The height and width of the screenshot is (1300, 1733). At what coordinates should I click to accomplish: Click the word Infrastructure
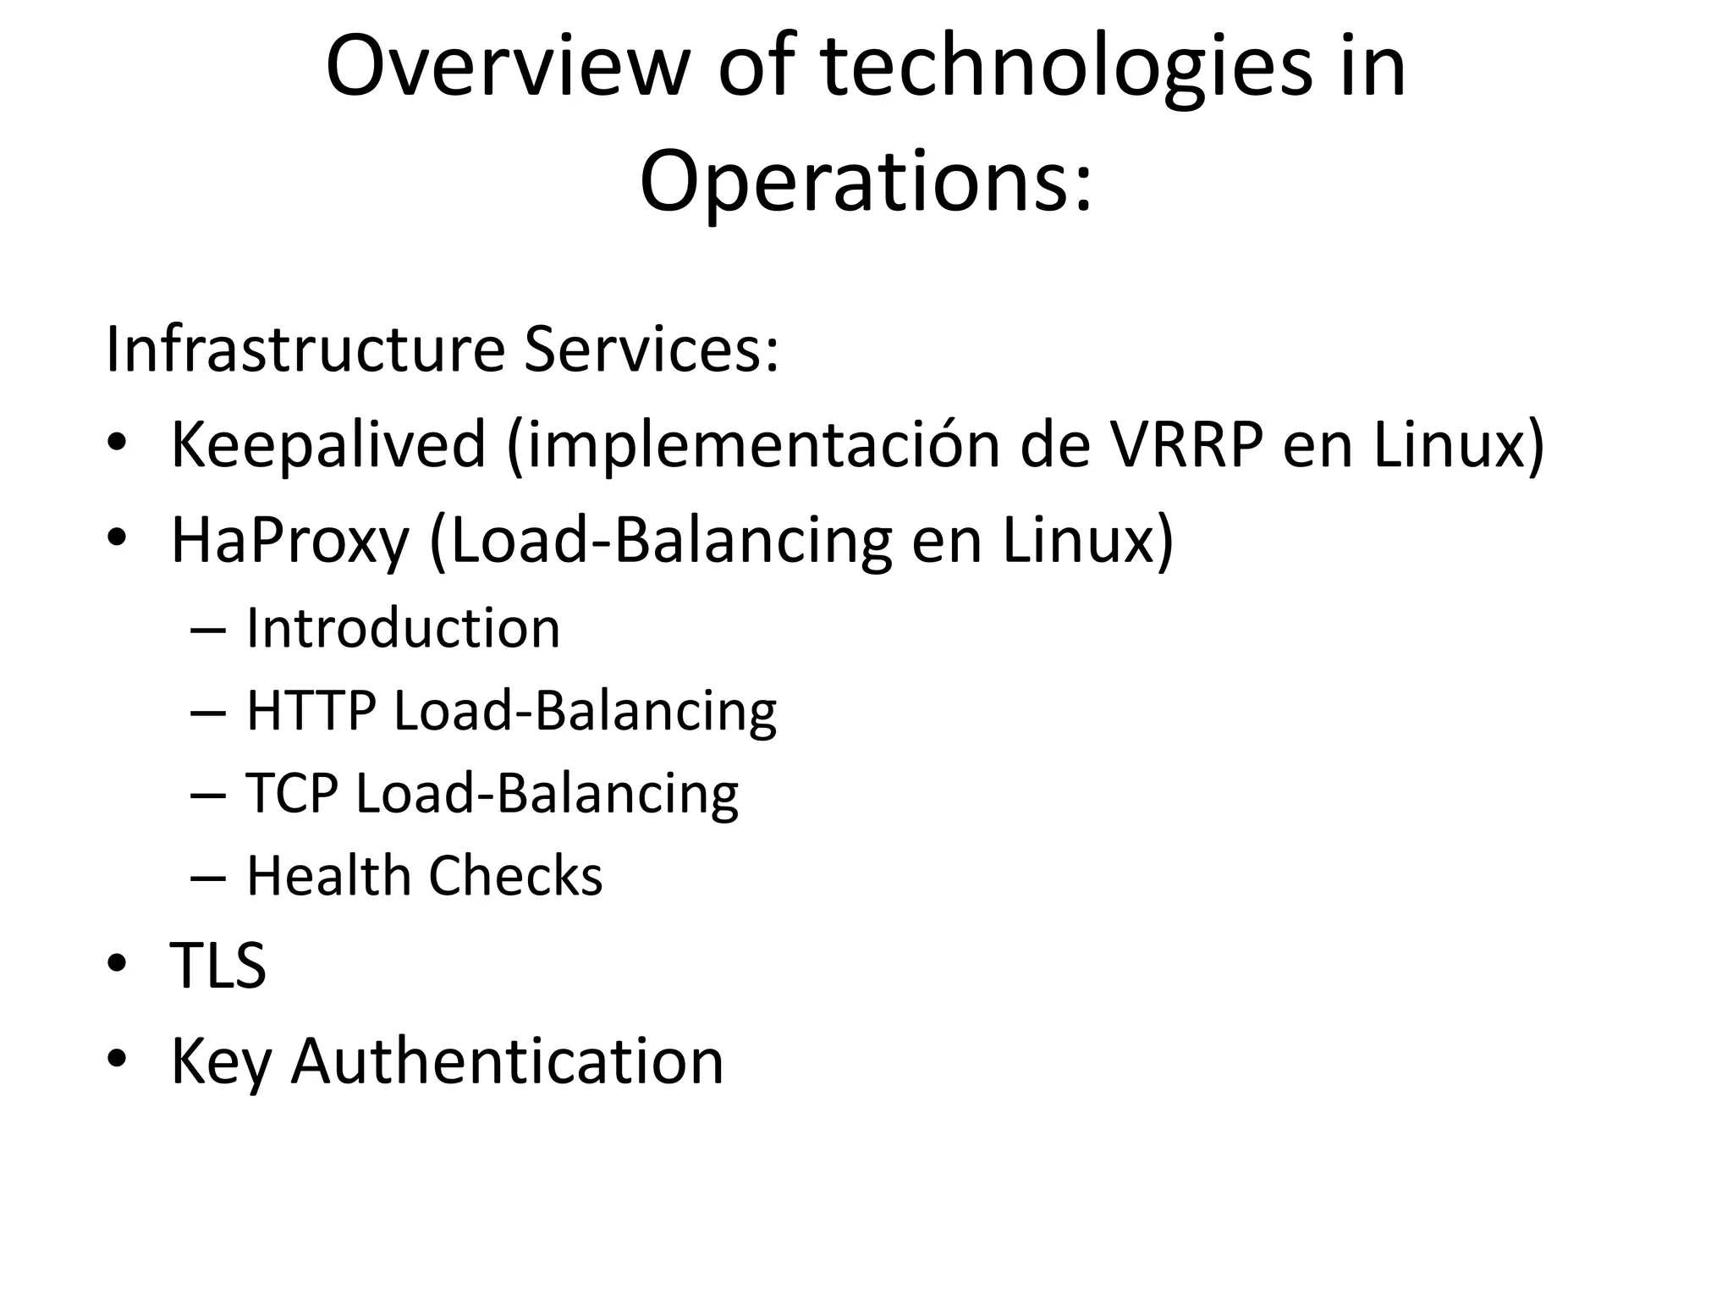click(305, 349)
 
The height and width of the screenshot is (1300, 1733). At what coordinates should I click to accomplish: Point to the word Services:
click(651, 349)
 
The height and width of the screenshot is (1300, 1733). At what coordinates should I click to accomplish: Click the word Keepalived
click(328, 445)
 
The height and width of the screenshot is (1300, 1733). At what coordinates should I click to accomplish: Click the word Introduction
click(403, 628)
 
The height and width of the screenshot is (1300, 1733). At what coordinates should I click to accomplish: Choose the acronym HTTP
click(311, 711)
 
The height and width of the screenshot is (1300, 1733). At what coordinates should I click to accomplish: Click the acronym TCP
click(292, 793)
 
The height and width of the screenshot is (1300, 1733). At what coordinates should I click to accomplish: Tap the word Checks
click(515, 875)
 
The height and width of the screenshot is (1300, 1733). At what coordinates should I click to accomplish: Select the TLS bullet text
click(218, 965)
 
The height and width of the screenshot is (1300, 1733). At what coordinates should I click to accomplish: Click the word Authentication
click(507, 1060)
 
